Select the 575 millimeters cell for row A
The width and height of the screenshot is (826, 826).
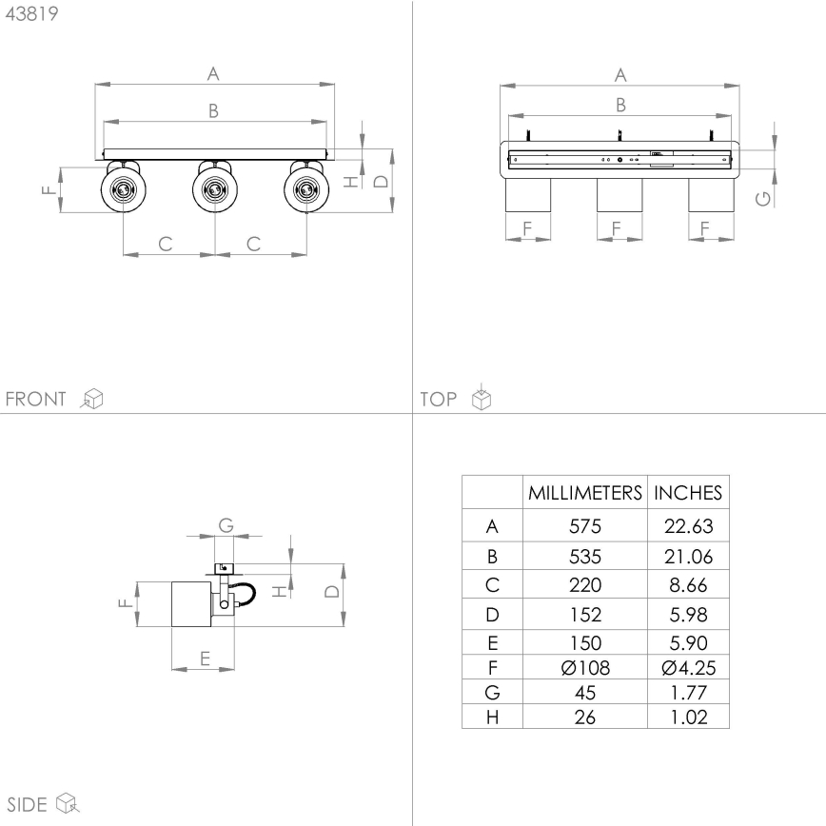point(585,526)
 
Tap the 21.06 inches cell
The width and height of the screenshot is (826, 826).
point(687,556)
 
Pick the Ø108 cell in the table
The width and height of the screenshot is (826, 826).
point(585,668)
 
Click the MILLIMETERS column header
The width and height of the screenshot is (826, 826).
point(585,493)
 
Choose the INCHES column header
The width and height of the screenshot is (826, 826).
point(687,493)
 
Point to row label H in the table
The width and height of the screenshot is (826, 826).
point(491,717)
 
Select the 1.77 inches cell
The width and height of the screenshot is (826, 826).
point(687,693)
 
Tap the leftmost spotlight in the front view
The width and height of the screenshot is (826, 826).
point(124,188)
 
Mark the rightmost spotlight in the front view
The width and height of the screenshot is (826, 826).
point(305,188)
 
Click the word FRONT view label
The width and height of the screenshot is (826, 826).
point(37,399)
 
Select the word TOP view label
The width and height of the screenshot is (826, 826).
point(439,399)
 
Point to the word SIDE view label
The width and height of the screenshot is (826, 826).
point(28,804)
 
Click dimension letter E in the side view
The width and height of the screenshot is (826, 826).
point(203,656)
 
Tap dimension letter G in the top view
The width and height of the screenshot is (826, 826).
point(760,197)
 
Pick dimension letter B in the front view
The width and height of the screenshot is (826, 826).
point(214,111)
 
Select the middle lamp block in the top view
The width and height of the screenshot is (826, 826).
point(619,195)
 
